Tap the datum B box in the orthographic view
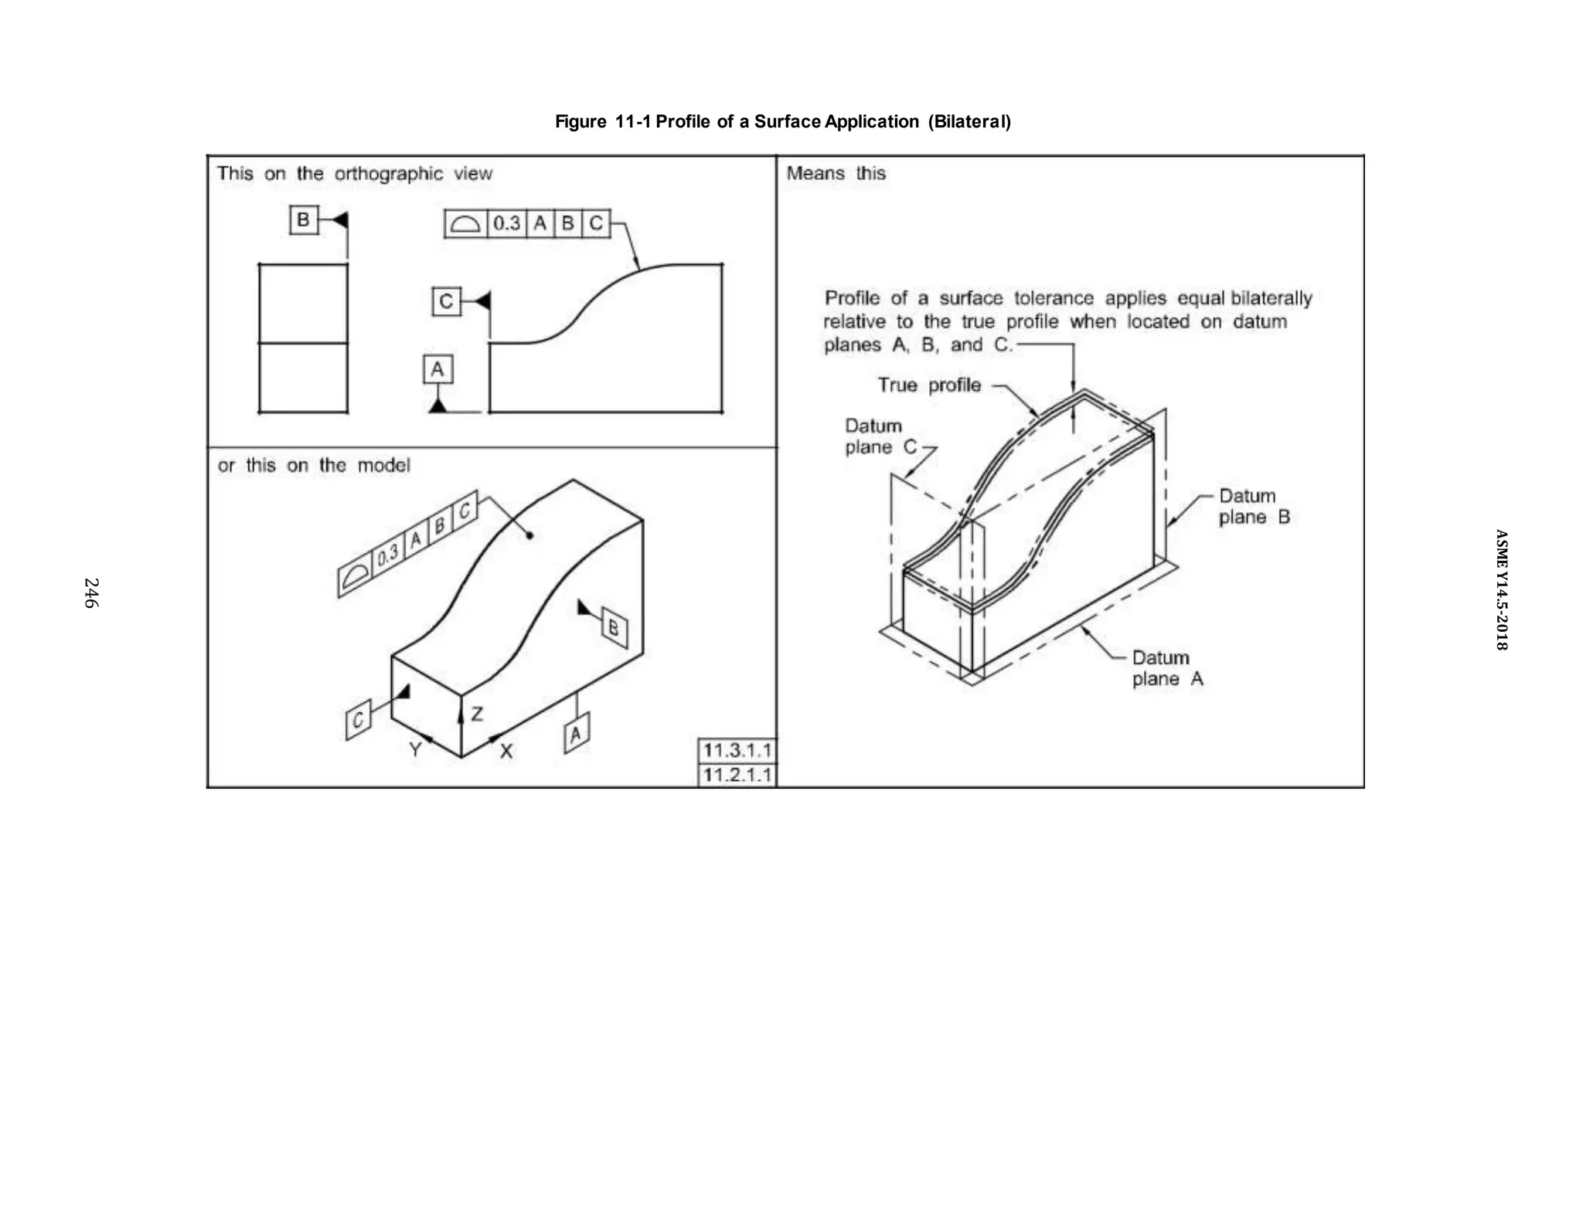click(303, 220)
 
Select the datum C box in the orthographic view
click(446, 301)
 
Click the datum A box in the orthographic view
click(437, 369)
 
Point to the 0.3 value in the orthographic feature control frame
click(506, 224)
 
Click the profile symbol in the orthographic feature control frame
click(465, 224)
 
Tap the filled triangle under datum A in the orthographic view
click(437, 406)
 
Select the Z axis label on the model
click(477, 714)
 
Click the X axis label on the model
click(506, 751)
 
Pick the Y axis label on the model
click(415, 749)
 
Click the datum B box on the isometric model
click(614, 627)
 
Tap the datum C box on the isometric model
click(358, 720)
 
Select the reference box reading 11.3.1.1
click(737, 750)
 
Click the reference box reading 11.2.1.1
click(737, 775)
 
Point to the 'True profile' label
click(929, 385)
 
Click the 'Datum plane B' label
click(1253, 506)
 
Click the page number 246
click(90, 592)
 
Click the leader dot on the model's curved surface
click(529, 535)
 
